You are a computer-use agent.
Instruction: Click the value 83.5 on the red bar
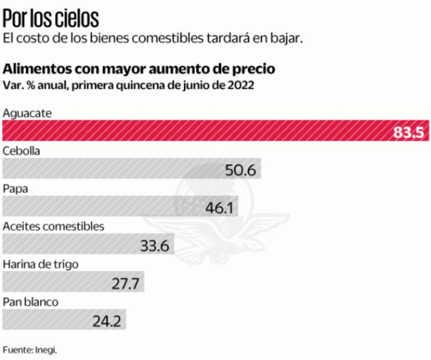click(x=410, y=132)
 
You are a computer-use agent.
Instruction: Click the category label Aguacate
click(x=27, y=113)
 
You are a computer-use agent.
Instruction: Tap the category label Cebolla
click(x=21, y=151)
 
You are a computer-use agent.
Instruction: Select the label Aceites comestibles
click(x=53, y=226)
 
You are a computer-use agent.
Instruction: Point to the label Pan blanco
click(x=30, y=302)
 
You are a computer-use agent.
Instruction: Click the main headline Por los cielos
click(x=50, y=19)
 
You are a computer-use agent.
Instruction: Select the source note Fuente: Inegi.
click(x=30, y=350)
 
